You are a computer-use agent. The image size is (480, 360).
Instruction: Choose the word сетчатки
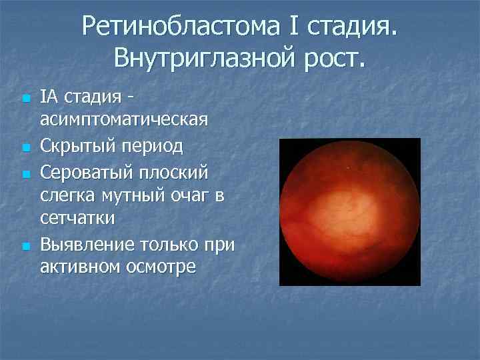[77, 219]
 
